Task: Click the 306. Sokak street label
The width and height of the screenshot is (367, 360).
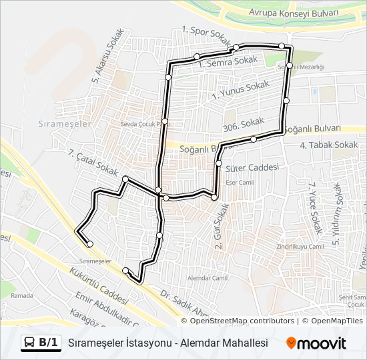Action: pyautogui.click(x=241, y=125)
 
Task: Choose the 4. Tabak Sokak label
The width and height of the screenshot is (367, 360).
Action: pyautogui.click(x=329, y=145)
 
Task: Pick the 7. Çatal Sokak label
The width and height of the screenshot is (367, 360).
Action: pyautogui.click(x=93, y=163)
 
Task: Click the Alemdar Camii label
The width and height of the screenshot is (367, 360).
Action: pyautogui.click(x=204, y=277)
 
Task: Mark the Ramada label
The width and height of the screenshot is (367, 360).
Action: pyautogui.click(x=21, y=295)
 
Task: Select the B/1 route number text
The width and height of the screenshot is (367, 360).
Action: pyautogui.click(x=48, y=343)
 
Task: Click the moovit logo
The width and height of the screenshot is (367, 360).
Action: pyautogui.click(x=316, y=343)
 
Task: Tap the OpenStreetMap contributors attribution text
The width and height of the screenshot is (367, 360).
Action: pyautogui.click(x=242, y=321)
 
